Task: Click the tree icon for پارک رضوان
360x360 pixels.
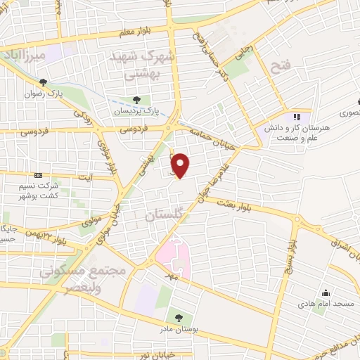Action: [x=44, y=82]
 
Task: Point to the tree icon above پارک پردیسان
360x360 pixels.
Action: [x=137, y=99]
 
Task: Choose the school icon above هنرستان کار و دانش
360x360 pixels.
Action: [x=296, y=116]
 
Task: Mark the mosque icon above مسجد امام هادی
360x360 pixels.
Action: [x=326, y=292]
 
